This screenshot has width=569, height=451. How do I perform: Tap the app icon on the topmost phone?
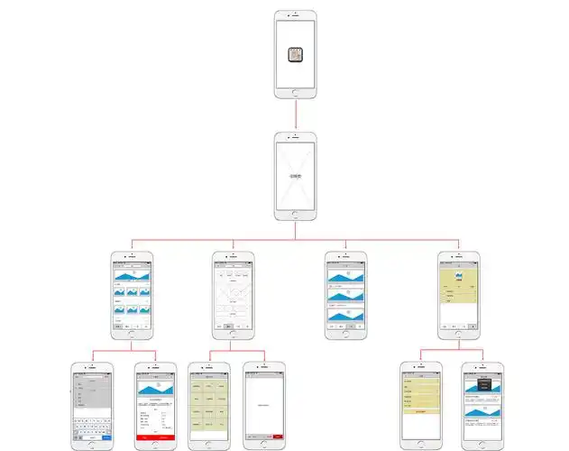(296, 53)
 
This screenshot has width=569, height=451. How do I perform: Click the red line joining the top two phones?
(296, 115)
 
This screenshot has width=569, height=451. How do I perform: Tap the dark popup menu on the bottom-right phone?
(484, 383)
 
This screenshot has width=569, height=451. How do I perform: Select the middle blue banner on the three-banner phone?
(346, 297)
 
